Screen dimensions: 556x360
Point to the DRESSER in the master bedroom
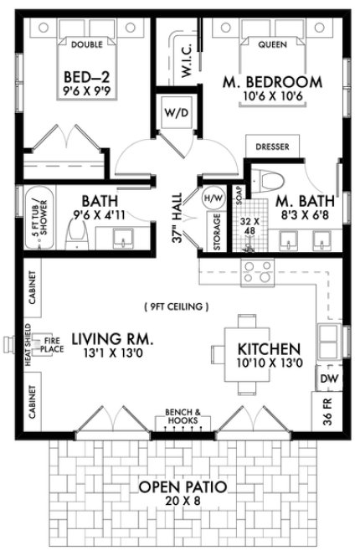272,146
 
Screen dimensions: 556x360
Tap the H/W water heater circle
212,198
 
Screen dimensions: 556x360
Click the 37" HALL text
177,224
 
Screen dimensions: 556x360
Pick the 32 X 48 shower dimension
248,229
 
